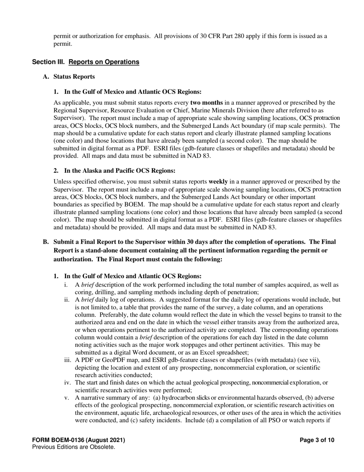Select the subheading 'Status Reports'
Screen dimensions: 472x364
[x=74, y=76]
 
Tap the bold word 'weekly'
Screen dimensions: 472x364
[x=218, y=181]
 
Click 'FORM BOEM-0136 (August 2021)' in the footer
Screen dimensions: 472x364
[x=79, y=440]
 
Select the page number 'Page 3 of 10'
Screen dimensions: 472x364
[x=317, y=440]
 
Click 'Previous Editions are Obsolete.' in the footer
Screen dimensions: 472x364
[x=74, y=447]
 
